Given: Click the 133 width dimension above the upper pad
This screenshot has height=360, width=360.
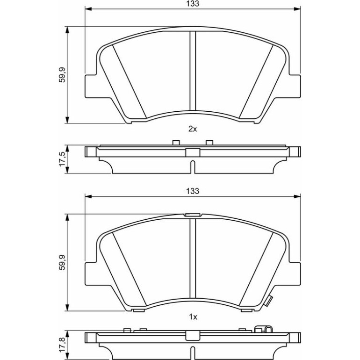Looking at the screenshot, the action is (193, 4).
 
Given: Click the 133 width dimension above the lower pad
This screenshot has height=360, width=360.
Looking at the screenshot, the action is (193, 191).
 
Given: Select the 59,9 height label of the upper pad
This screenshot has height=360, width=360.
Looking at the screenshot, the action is (62, 75).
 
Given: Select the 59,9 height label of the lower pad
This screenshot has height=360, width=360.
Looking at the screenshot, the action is (62, 262).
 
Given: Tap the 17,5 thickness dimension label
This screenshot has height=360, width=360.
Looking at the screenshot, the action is (62, 159).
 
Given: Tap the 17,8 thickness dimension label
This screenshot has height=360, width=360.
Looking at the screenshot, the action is (62, 345).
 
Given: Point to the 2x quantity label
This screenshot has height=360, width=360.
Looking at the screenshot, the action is (193, 129).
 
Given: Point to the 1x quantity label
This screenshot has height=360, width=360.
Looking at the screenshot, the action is (193, 317).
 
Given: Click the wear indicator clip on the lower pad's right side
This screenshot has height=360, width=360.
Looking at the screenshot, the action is (268, 301).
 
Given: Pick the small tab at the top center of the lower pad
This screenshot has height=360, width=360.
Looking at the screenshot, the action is (193, 215).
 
